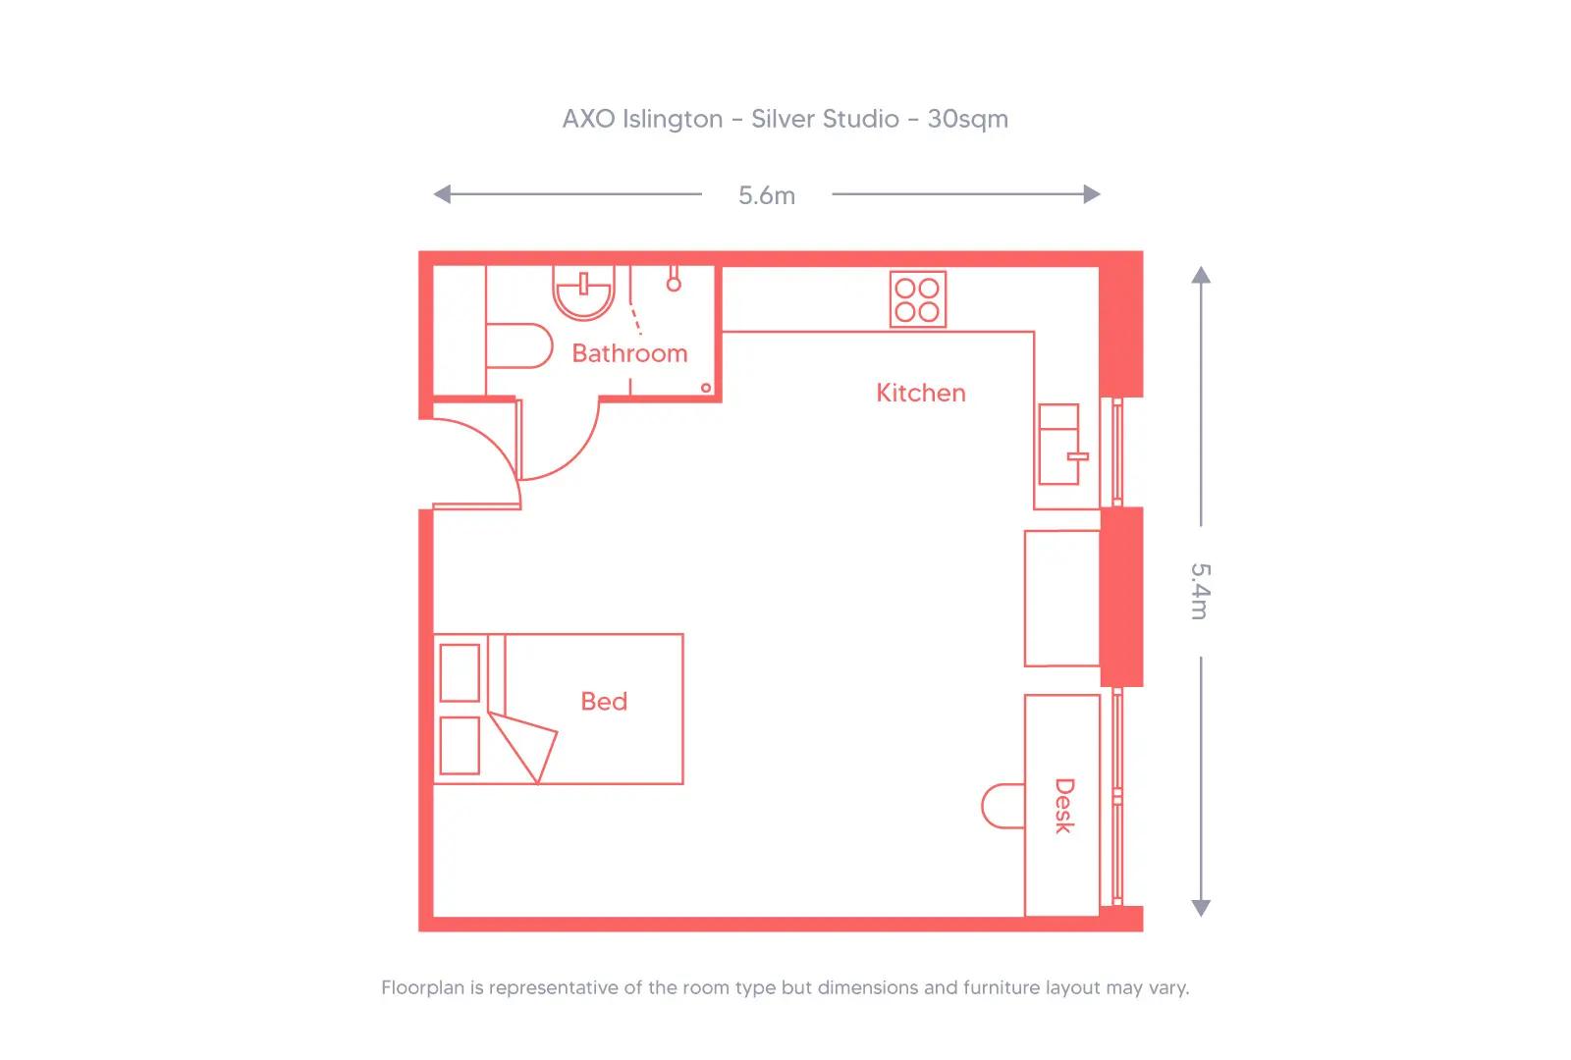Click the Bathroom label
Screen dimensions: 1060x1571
629,353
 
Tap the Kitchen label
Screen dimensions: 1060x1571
920,393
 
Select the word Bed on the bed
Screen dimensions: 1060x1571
604,701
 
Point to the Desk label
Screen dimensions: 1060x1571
1063,806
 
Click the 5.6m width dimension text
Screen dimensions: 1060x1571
767,195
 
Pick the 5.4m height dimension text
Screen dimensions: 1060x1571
1200,591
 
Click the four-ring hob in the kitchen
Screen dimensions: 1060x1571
918,299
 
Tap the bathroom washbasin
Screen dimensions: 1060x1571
583,292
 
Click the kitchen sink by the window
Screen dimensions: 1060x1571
1058,444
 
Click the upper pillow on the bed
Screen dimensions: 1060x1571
460,672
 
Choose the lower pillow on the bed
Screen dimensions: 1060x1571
460,745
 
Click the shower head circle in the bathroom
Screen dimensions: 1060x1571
674,284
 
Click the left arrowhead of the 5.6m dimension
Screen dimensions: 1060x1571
442,194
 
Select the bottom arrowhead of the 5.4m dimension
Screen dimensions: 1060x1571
1200,908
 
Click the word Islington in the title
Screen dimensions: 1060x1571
673,119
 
